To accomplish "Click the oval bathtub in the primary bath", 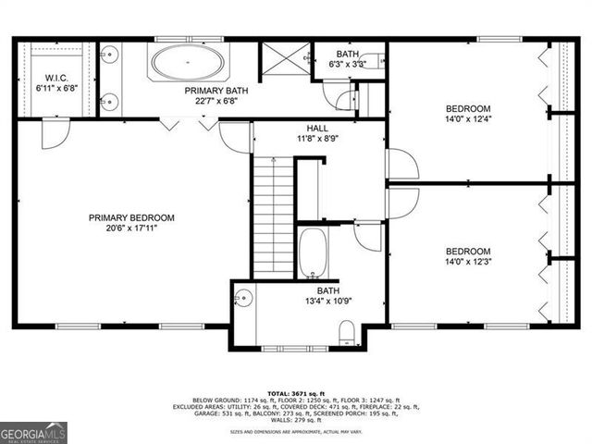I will click(187, 64).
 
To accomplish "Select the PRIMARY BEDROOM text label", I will click(131, 217).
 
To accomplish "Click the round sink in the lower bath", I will click(243, 297).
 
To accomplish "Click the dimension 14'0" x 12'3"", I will click(468, 262).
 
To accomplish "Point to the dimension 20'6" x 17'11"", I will click(131, 229).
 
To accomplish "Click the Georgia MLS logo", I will click(31, 432).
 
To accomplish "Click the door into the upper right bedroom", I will click(402, 164).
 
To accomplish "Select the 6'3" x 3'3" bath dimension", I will click(348, 65).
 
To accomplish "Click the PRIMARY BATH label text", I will click(216, 91).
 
